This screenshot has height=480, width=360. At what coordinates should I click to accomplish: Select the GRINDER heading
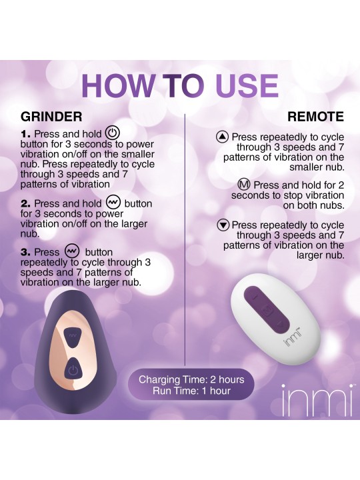point(51,117)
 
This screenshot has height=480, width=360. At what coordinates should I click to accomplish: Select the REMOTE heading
point(315,117)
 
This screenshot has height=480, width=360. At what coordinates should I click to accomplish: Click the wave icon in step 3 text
point(72,251)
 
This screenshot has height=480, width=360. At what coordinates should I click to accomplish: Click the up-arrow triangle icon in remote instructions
point(223,137)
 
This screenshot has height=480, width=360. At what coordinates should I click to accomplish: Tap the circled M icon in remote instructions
point(245,185)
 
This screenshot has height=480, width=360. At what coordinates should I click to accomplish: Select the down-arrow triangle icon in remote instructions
point(223,225)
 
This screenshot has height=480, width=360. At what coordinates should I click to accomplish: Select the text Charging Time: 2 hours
point(191,380)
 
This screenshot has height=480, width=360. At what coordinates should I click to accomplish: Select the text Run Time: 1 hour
point(191,391)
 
